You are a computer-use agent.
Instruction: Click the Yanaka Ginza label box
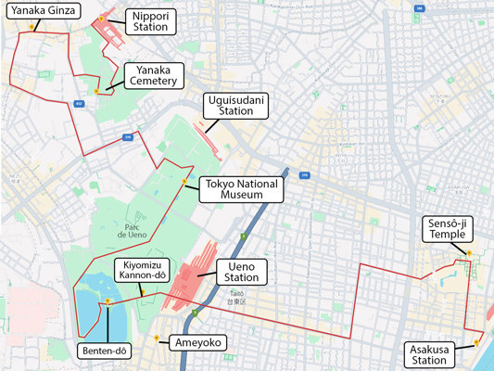[x=42, y=11]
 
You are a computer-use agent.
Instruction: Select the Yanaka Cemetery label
[x=155, y=76]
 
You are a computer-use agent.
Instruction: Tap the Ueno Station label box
[x=242, y=272]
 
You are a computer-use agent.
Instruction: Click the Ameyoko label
[x=196, y=343]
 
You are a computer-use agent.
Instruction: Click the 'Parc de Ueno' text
[x=133, y=229]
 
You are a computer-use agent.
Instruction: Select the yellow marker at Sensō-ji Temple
[x=469, y=252]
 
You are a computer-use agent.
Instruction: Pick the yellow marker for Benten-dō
[x=108, y=301]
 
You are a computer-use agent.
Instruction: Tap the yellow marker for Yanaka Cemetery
[x=96, y=91]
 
